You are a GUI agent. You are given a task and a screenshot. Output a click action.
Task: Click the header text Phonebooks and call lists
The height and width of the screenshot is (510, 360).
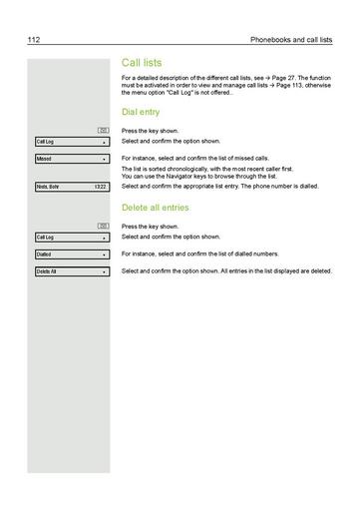[293, 40]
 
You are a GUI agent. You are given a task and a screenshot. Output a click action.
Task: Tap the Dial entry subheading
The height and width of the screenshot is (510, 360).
[141, 113]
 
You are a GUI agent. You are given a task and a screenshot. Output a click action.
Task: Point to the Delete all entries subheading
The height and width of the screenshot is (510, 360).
[156, 208]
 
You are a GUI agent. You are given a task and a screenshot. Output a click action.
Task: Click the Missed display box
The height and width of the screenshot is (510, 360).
[70, 159]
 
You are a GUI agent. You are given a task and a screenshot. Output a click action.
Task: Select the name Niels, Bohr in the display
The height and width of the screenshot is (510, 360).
[48, 187]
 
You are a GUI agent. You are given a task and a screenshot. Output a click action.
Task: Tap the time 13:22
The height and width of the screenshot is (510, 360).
[99, 187]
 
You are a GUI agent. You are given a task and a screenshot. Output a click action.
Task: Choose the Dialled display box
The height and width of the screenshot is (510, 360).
[70, 255]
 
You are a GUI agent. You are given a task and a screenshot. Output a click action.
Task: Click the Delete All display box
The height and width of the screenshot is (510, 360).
[70, 271]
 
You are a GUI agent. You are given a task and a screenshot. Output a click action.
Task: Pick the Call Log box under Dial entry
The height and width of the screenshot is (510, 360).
[70, 142]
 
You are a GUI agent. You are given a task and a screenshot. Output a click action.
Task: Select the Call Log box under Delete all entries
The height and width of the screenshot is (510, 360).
[70, 238]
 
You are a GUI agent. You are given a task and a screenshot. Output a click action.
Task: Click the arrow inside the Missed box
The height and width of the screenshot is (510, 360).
[104, 159]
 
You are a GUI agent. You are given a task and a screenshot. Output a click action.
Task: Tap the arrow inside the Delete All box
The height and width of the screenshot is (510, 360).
[104, 271]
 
